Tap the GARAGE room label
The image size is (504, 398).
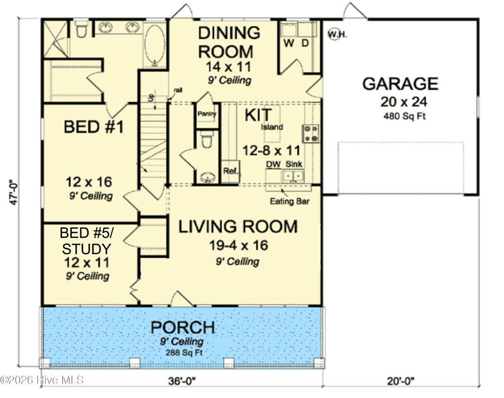pos(400,83)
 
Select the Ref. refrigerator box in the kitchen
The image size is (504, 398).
pos(230,171)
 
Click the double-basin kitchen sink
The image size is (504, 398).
pos(293,176)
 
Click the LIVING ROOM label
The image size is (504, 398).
pos(238,227)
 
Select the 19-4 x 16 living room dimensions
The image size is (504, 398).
pos(237,245)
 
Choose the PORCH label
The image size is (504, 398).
pos(183,327)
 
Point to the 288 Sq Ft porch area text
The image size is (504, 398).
pos(183,353)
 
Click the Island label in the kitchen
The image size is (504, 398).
pos(272,127)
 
